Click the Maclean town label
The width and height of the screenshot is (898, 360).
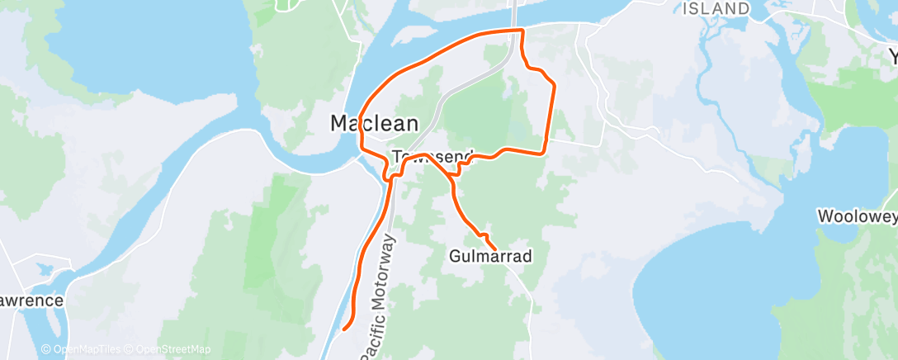(374, 124)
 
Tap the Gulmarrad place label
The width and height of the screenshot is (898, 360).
(490, 256)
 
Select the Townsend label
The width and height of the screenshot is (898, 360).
(432, 156)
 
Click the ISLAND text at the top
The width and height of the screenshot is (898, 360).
(716, 8)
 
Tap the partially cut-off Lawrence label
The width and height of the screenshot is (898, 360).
(31, 301)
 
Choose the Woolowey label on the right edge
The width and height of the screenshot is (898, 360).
(857, 217)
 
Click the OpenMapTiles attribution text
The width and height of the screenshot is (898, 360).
(81, 350)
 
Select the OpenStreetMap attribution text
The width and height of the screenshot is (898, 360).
(168, 350)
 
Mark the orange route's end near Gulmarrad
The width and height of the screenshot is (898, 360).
(494, 249)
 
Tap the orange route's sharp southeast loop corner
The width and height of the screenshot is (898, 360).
(543, 152)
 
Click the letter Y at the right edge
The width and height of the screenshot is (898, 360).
(892, 56)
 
